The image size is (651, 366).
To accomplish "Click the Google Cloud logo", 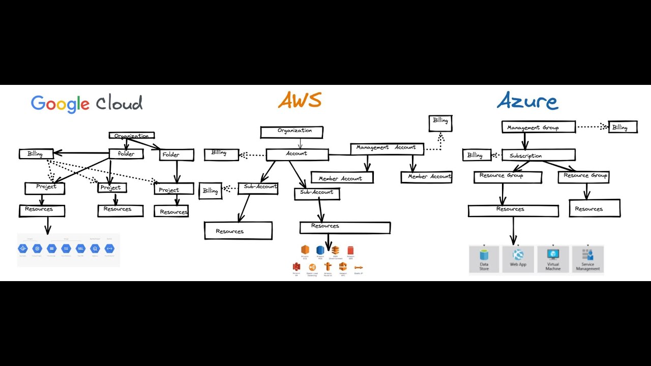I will coord(86,104).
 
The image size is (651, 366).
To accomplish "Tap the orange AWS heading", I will coord(300,101).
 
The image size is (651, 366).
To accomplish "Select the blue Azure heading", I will coord(527,102).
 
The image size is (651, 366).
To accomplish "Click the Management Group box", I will coord(538,127).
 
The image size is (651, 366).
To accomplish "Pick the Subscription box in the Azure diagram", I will coord(538,155).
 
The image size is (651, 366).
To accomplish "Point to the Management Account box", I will coord(387,148).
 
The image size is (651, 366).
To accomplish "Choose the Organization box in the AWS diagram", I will coord(292,132).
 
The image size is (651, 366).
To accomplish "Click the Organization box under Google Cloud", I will coord(132,136).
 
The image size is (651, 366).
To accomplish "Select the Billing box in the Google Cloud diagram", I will coord(36,154).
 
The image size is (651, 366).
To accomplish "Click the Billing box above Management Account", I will coord(440,123).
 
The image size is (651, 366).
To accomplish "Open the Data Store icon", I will coord(484,260).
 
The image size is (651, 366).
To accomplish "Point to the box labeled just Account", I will coord(297,154).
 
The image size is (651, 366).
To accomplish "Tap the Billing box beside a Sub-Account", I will coord(210,191).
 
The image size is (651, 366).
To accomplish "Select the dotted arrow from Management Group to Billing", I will coord(592,127).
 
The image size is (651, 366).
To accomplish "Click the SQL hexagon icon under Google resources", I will coord(80,249).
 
